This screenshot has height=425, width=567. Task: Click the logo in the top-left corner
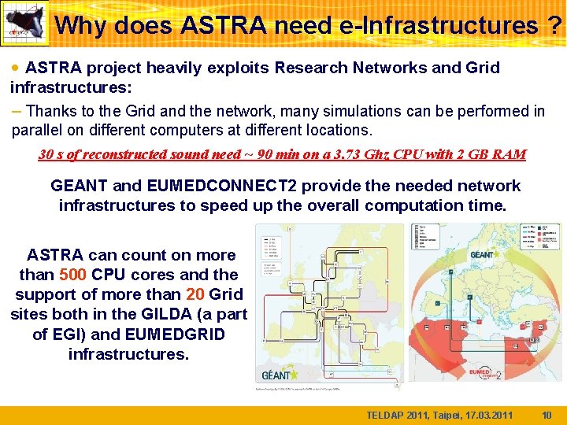(24, 23)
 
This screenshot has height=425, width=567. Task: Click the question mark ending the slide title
(554, 25)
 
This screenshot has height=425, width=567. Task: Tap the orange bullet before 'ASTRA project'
(16, 68)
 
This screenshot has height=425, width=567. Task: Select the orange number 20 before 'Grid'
(195, 294)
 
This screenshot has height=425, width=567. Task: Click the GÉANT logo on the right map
(482, 254)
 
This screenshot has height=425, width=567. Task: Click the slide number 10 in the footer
(547, 415)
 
